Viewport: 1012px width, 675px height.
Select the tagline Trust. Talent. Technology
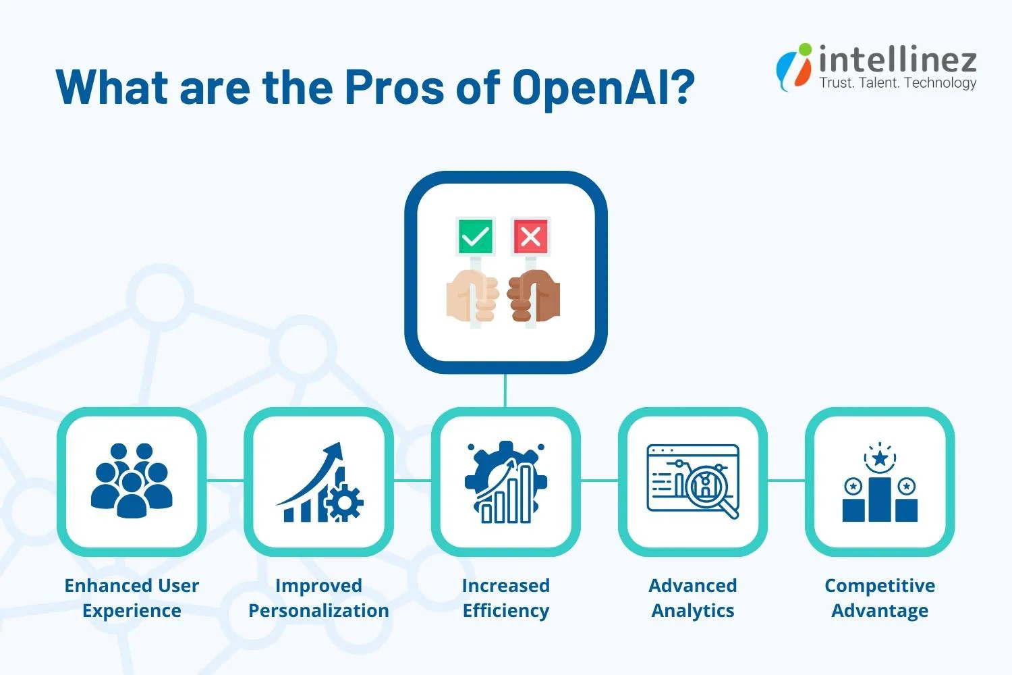pyautogui.click(x=897, y=83)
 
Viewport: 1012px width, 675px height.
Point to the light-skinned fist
pyautogui.click(x=473, y=297)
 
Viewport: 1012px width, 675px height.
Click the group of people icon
pyautogui.click(x=132, y=481)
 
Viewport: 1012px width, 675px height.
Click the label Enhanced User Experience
pyautogui.click(x=132, y=598)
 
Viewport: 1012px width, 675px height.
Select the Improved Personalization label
pyautogui.click(x=318, y=598)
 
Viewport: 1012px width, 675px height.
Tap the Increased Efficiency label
pyautogui.click(x=506, y=598)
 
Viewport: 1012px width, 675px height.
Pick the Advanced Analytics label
pyautogui.click(x=693, y=598)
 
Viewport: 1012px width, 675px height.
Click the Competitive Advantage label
pyautogui.click(x=880, y=598)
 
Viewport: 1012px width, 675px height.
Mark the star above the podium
pyautogui.click(x=880, y=459)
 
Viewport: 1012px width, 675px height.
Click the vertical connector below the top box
pyautogui.click(x=505, y=390)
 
